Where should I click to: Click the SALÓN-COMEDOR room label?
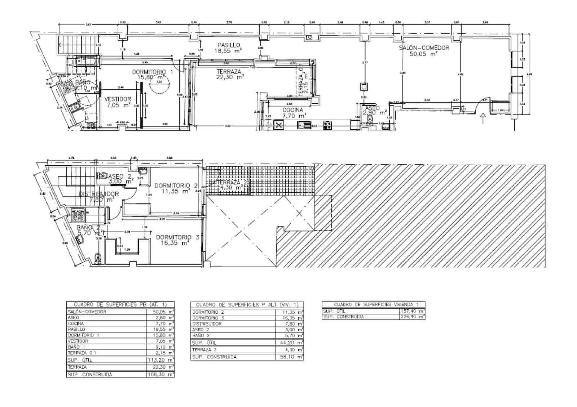tap(424, 48)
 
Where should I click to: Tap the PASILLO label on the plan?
tap(229, 45)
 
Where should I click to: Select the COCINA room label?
tap(292, 110)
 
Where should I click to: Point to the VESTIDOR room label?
tap(118, 99)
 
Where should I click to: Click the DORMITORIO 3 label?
tap(177, 237)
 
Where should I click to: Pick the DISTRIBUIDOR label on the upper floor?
tap(99, 194)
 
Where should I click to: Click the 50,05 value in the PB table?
tap(161, 312)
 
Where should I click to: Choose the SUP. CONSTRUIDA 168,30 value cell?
tap(161, 375)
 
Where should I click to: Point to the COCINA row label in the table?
tap(76, 323)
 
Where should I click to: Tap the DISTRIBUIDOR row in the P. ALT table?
tap(207, 324)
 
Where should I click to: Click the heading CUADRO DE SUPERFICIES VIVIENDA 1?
tap(373, 304)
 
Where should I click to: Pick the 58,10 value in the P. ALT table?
tap(291, 357)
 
